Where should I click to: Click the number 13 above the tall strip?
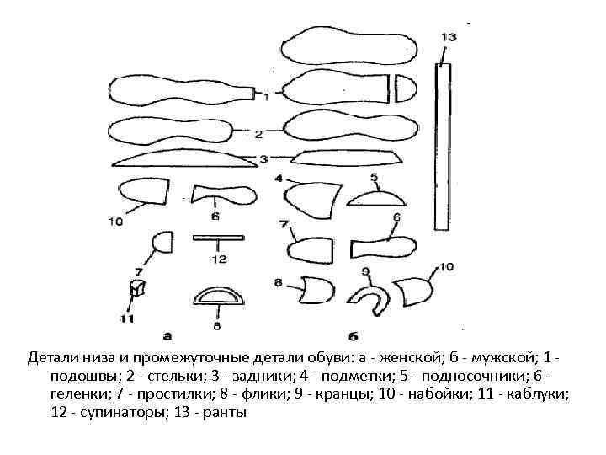click(448, 37)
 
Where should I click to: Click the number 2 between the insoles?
click(258, 133)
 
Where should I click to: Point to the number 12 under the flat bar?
click(219, 259)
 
